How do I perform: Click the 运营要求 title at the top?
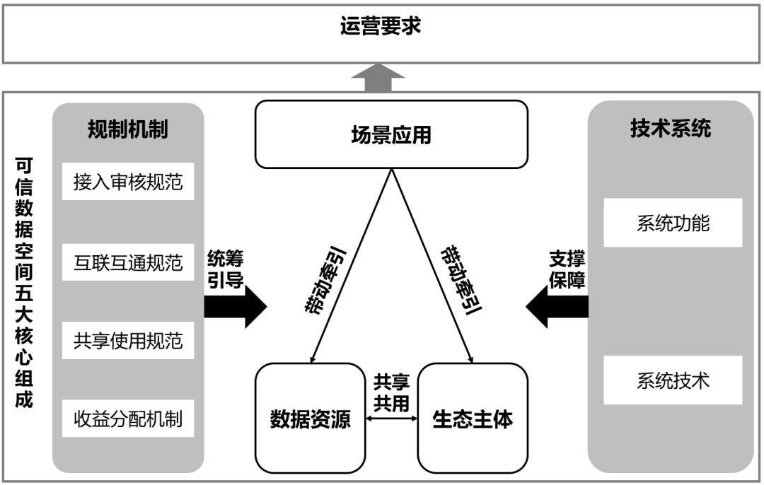(x=381, y=26)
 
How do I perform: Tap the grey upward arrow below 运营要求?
(x=378, y=78)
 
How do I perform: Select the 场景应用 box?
(x=391, y=134)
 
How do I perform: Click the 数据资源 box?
(x=311, y=419)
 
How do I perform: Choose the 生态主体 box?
(x=473, y=419)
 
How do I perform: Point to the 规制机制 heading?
(x=127, y=129)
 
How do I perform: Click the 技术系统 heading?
(x=671, y=129)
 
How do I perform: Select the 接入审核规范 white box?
(x=128, y=182)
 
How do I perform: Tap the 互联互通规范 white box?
(x=128, y=262)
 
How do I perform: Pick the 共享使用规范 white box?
(x=128, y=340)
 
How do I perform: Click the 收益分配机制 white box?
(x=128, y=419)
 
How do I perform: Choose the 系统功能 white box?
(x=673, y=223)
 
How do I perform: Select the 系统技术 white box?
(x=673, y=380)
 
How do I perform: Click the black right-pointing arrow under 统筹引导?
(x=236, y=307)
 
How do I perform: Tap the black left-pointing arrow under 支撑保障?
(x=557, y=307)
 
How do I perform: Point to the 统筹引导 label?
(x=225, y=269)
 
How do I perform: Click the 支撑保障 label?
(x=567, y=269)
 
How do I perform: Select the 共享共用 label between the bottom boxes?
(x=391, y=392)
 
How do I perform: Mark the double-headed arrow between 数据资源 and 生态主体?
(x=392, y=419)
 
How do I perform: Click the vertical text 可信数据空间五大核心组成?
(x=24, y=282)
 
